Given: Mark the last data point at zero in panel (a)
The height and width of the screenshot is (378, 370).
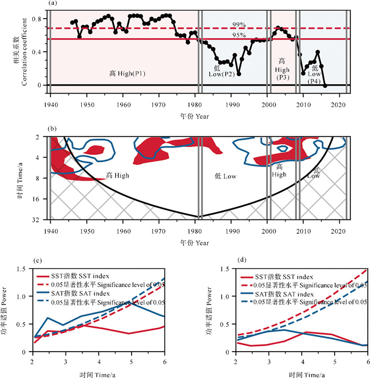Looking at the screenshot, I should [325, 85].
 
